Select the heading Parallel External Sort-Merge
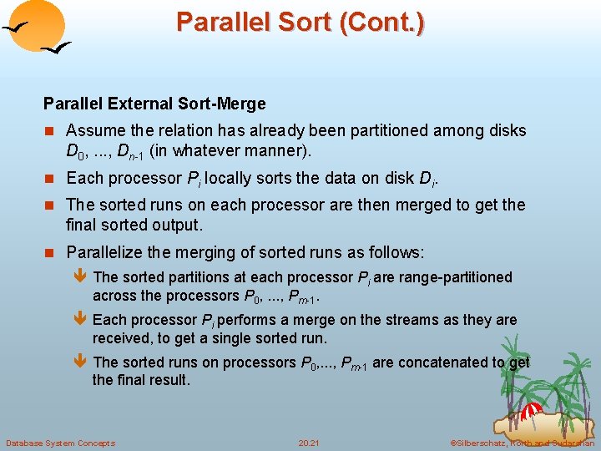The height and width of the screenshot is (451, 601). click(x=154, y=104)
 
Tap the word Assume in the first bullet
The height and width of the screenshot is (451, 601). click(x=94, y=130)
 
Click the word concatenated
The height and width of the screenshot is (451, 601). click(x=439, y=362)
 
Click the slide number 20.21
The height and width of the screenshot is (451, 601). click(x=310, y=443)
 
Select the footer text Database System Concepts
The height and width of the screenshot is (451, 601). click(x=60, y=443)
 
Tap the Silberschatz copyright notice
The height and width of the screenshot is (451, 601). click(x=523, y=443)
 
